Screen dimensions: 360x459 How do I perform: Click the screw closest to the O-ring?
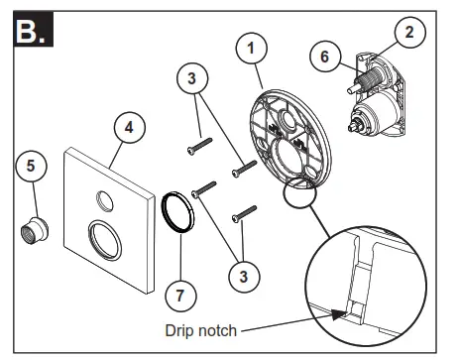(x=206, y=189)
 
